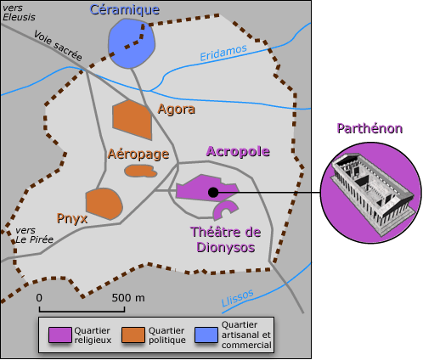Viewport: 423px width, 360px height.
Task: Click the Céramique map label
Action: (125, 9)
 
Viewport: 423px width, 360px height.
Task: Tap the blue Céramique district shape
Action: (132, 43)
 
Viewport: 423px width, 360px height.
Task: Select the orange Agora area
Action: (133, 120)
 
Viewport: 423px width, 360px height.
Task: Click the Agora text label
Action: (177, 110)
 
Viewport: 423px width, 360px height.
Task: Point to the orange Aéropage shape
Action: (141, 172)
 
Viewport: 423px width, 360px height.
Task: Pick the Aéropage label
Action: (138, 155)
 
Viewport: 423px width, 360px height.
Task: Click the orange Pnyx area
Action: (104, 204)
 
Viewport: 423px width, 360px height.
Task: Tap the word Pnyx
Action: (72, 218)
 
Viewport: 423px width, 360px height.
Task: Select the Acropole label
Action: (238, 151)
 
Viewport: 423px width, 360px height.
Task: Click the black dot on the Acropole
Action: (213, 193)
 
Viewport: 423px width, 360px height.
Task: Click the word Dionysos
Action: (226, 247)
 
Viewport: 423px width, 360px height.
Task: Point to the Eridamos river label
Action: (223, 53)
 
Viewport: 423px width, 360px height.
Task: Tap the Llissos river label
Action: (237, 298)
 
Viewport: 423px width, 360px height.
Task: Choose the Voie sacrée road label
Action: (58, 46)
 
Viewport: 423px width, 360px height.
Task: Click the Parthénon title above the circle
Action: (369, 129)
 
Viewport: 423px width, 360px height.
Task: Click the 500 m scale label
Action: (128, 298)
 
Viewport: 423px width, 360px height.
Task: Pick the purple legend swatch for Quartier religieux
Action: (60, 335)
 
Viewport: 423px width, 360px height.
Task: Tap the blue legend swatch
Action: (206, 335)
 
